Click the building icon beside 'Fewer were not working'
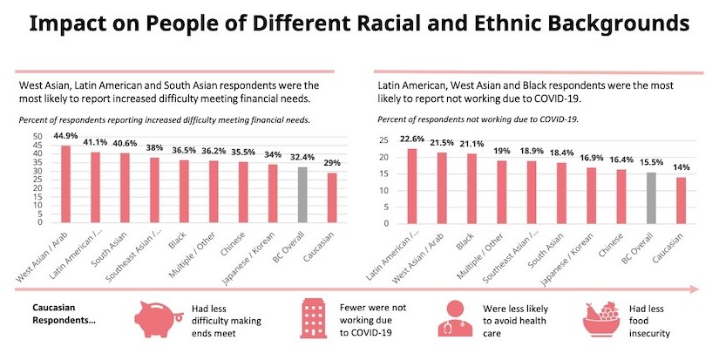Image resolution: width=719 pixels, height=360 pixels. click(x=310, y=319)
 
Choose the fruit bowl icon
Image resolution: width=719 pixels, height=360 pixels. click(x=600, y=320)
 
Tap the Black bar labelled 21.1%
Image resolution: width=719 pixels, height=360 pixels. click(x=470, y=187)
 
